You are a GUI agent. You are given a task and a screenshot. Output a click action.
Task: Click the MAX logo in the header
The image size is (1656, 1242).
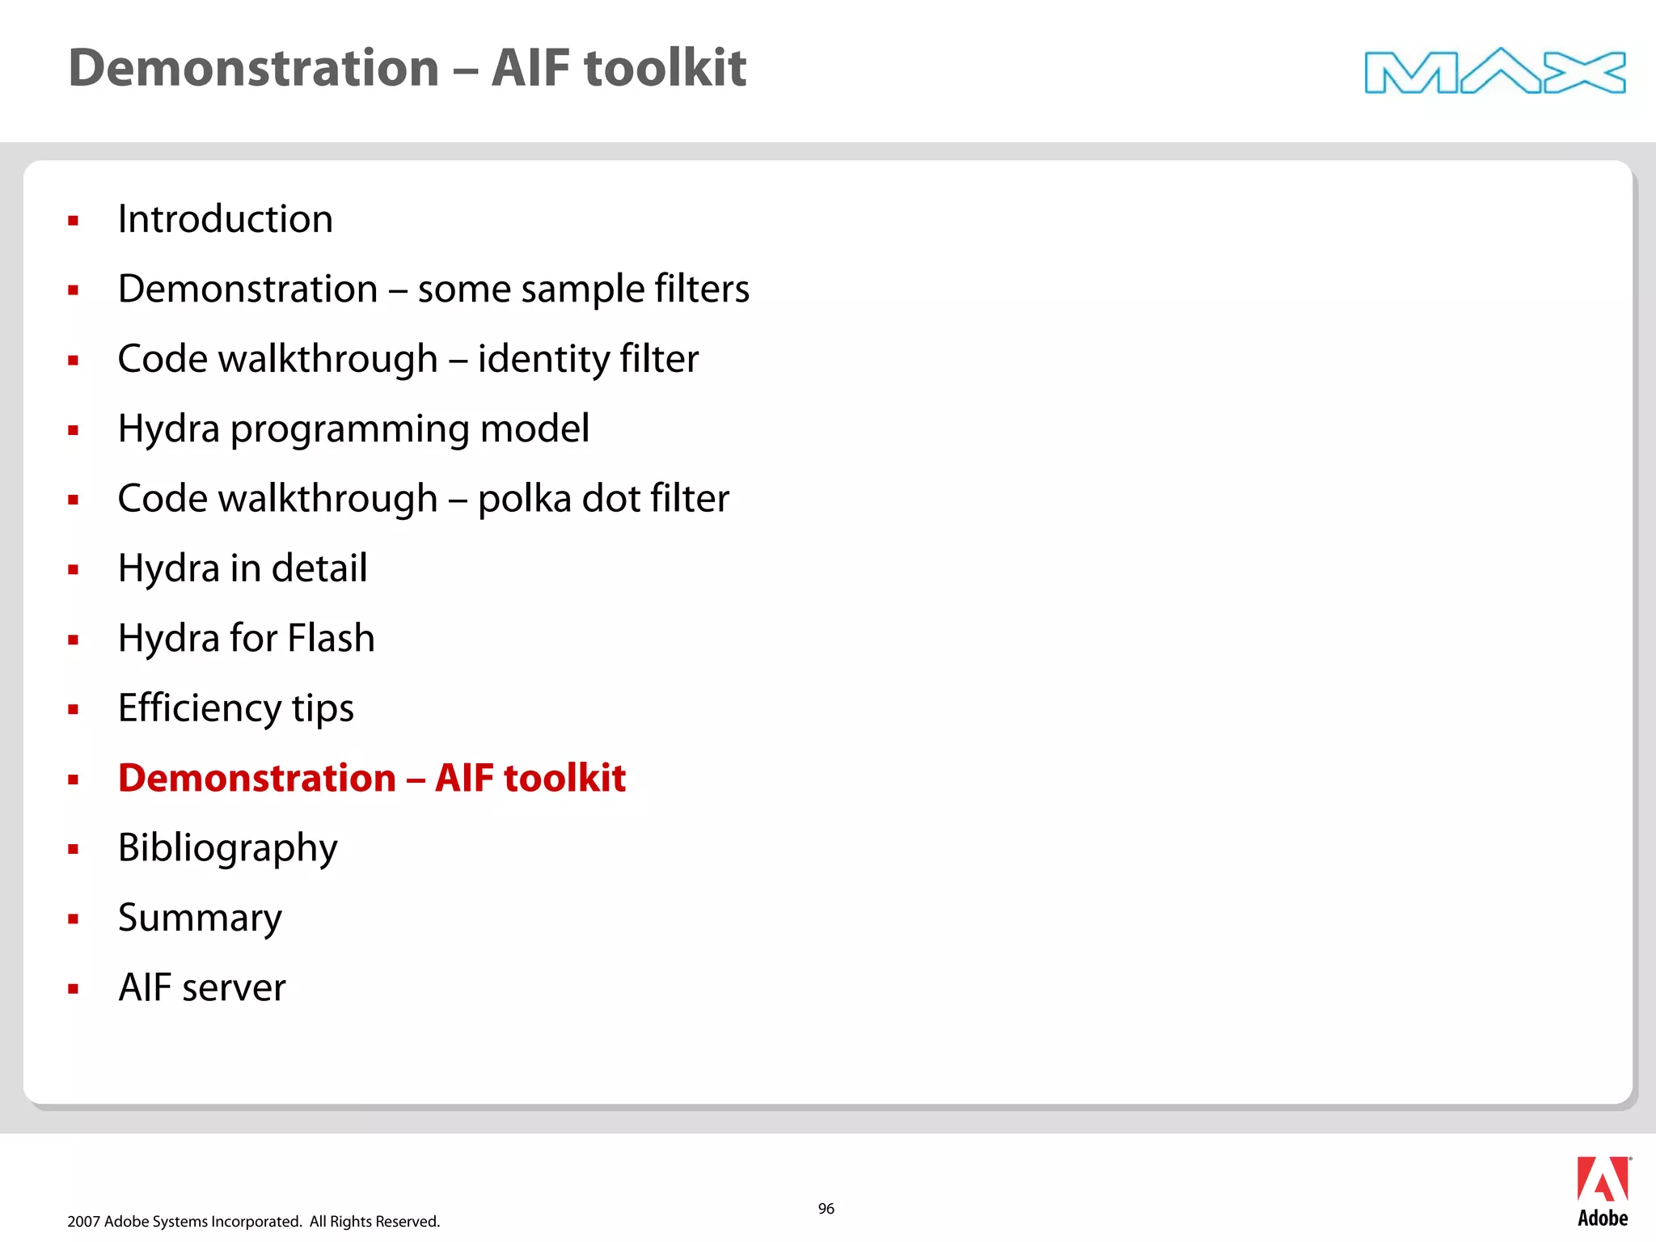[1494, 71]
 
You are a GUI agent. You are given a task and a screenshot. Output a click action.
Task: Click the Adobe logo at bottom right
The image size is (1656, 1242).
[1602, 1191]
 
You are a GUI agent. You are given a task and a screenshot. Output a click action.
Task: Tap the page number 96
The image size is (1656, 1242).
[826, 1208]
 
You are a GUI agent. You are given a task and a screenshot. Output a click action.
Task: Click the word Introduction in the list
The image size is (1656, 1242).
[225, 219]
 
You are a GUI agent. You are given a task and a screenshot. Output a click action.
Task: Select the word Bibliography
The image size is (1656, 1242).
[227, 848]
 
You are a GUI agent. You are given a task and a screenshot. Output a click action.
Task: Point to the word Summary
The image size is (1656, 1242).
[200, 918]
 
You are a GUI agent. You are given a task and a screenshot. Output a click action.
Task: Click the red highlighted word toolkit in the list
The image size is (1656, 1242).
[564, 778]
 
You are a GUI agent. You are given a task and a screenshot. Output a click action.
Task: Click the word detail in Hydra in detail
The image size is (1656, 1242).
[319, 568]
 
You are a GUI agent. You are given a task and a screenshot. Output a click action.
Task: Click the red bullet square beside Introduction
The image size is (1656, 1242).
[74, 220]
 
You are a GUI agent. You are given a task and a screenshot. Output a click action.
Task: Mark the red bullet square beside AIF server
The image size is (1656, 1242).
[74, 988]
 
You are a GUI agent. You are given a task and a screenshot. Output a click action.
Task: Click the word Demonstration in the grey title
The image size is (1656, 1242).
[253, 68]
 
